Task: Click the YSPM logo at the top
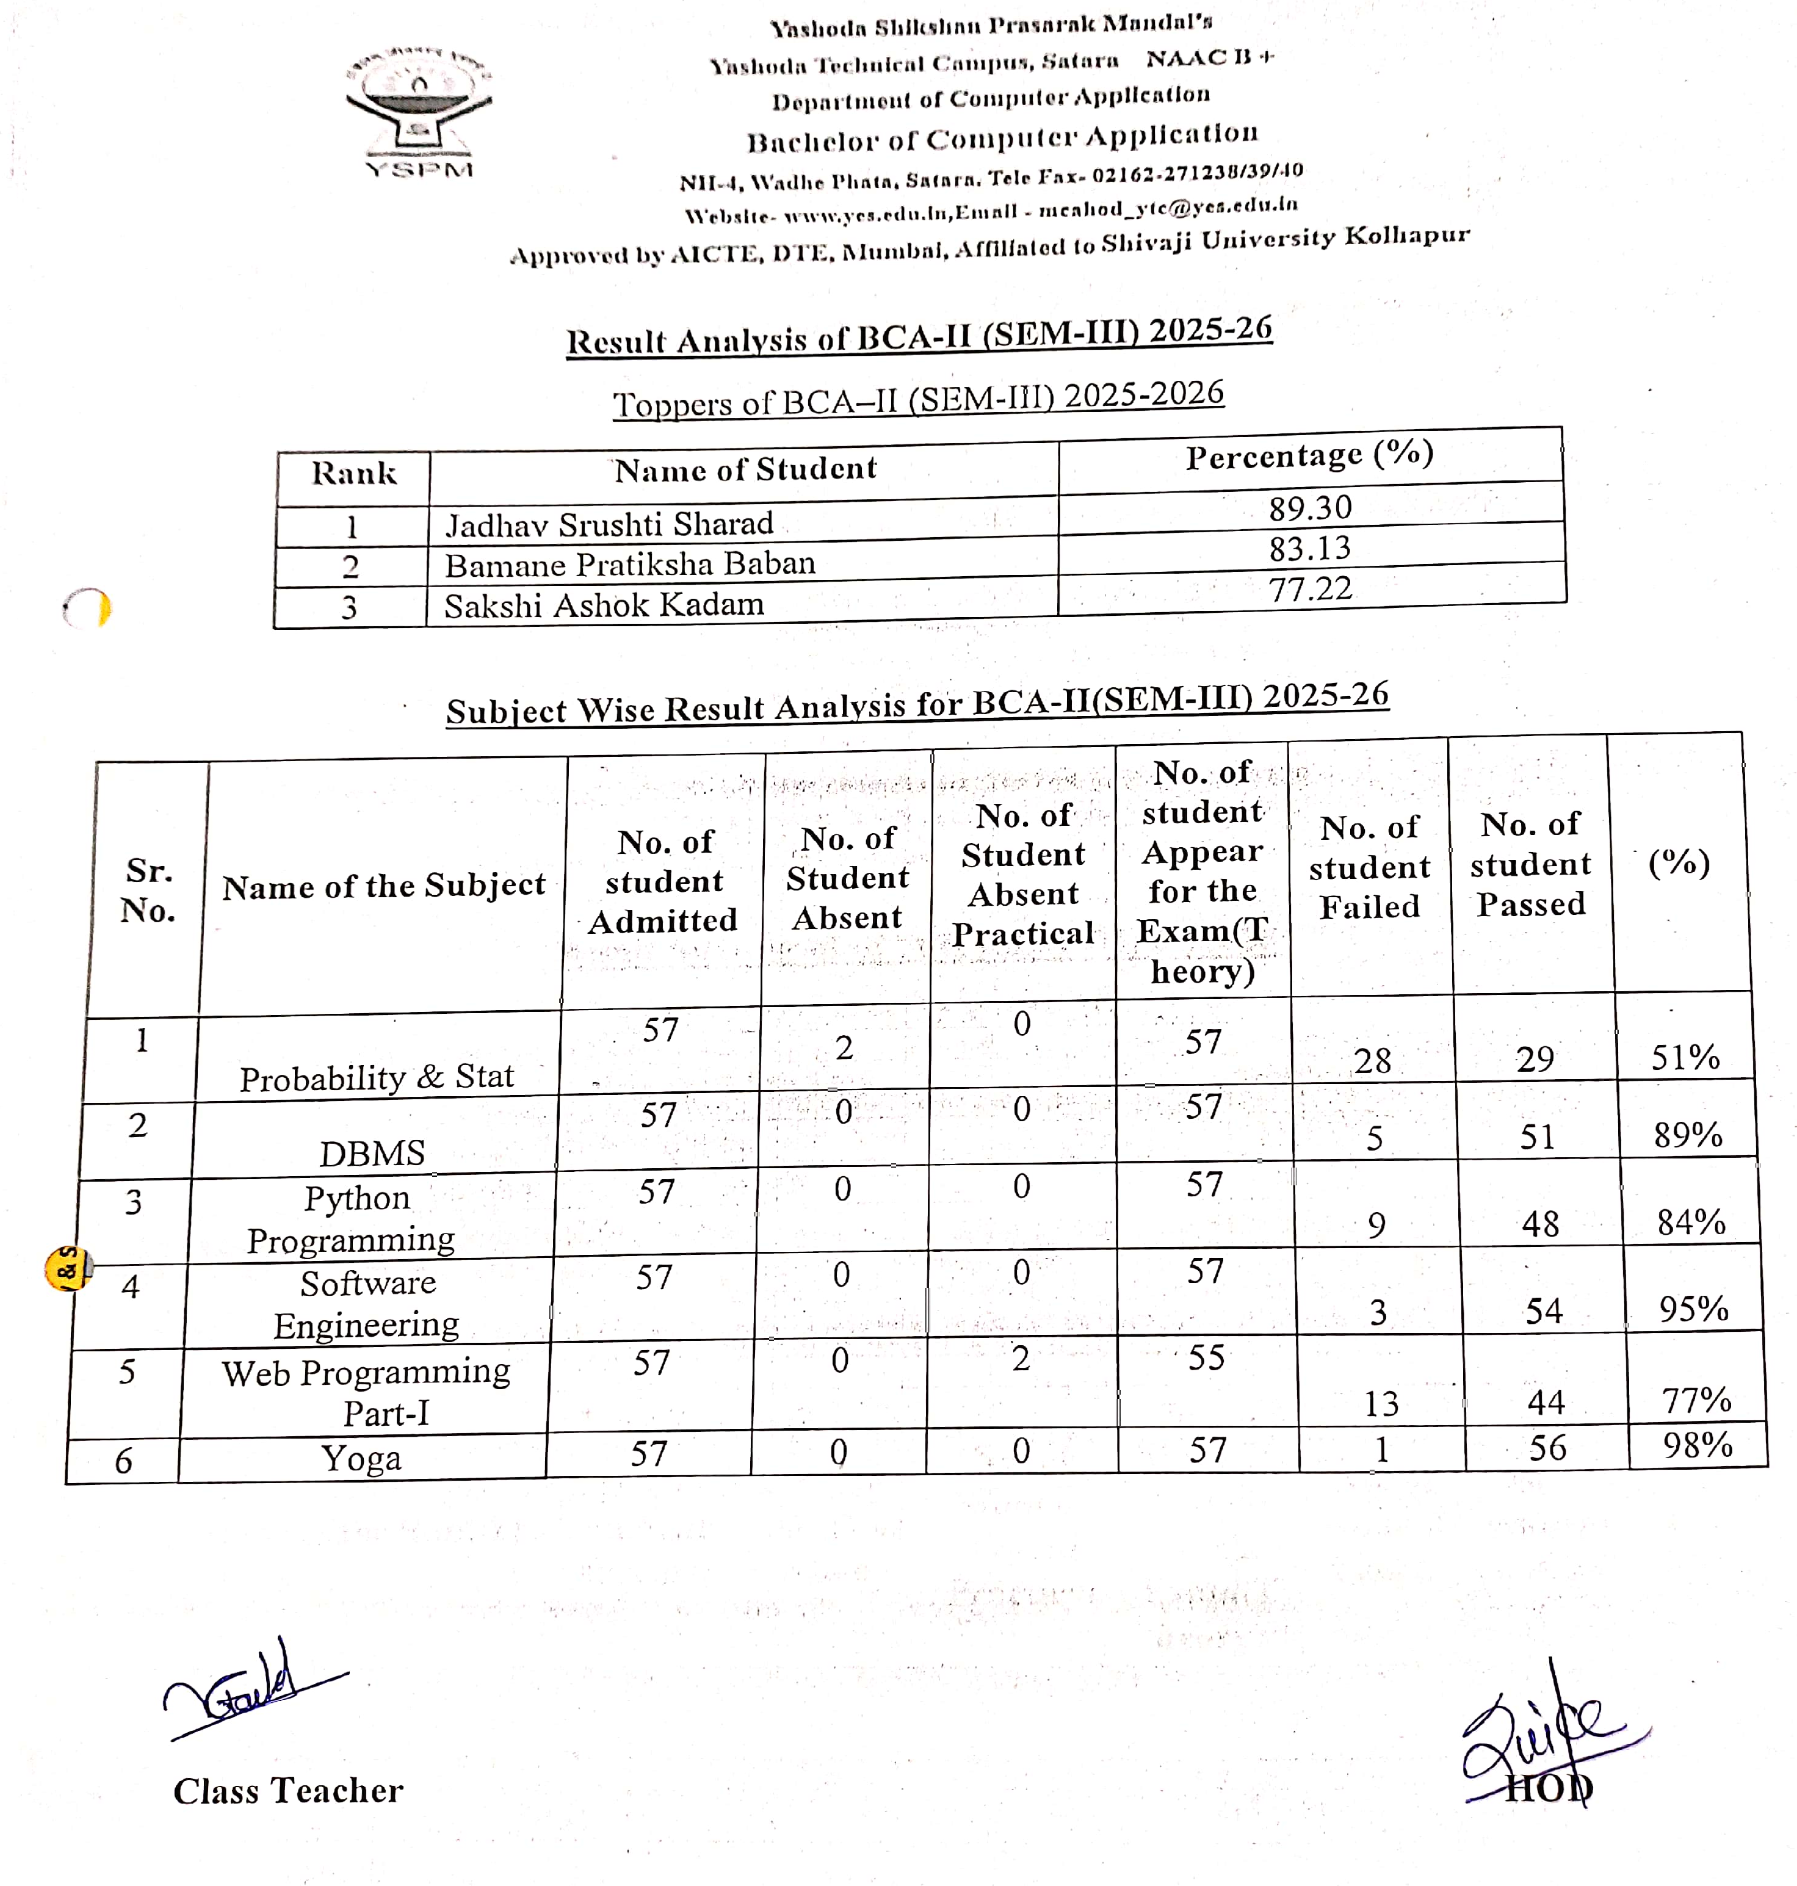(419, 113)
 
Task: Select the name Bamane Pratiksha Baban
(629, 564)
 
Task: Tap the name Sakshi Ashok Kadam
(604, 605)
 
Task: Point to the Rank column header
(353, 473)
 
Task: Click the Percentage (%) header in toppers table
(1309, 455)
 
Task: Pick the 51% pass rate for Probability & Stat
(1685, 1058)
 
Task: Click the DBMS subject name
(372, 1153)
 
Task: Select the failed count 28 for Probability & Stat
(1372, 1060)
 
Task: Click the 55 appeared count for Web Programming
(1206, 1357)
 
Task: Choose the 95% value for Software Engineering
(1693, 1309)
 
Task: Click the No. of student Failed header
(1370, 867)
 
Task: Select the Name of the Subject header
(383, 886)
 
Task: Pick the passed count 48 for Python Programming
(1540, 1223)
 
